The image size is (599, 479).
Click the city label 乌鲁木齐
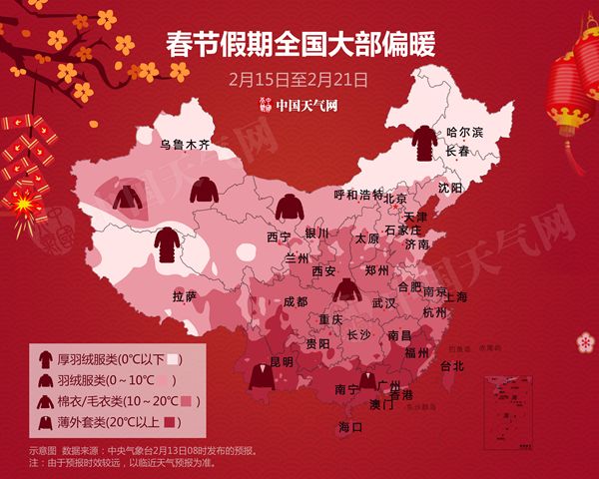(186, 145)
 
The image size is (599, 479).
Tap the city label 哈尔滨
(464, 132)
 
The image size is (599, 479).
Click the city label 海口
(350, 427)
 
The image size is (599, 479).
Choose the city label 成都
(296, 300)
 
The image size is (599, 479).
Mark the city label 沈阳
(450, 188)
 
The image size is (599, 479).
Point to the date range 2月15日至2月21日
(299, 77)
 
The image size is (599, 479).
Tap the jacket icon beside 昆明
(263, 378)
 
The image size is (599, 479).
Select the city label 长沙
(358, 334)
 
